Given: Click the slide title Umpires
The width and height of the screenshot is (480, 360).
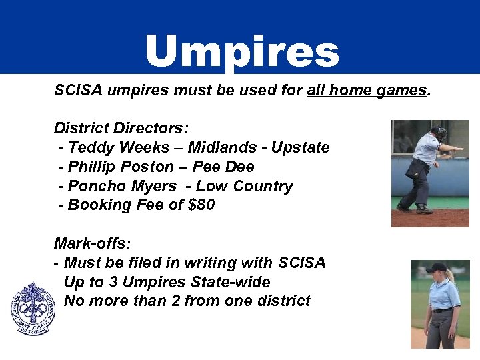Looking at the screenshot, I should (x=241, y=52).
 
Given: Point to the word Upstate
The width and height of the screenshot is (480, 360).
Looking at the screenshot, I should (x=299, y=147).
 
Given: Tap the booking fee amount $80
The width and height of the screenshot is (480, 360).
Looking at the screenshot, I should (x=201, y=205).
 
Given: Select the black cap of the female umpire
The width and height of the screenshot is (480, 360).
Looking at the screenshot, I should (x=437, y=268).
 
